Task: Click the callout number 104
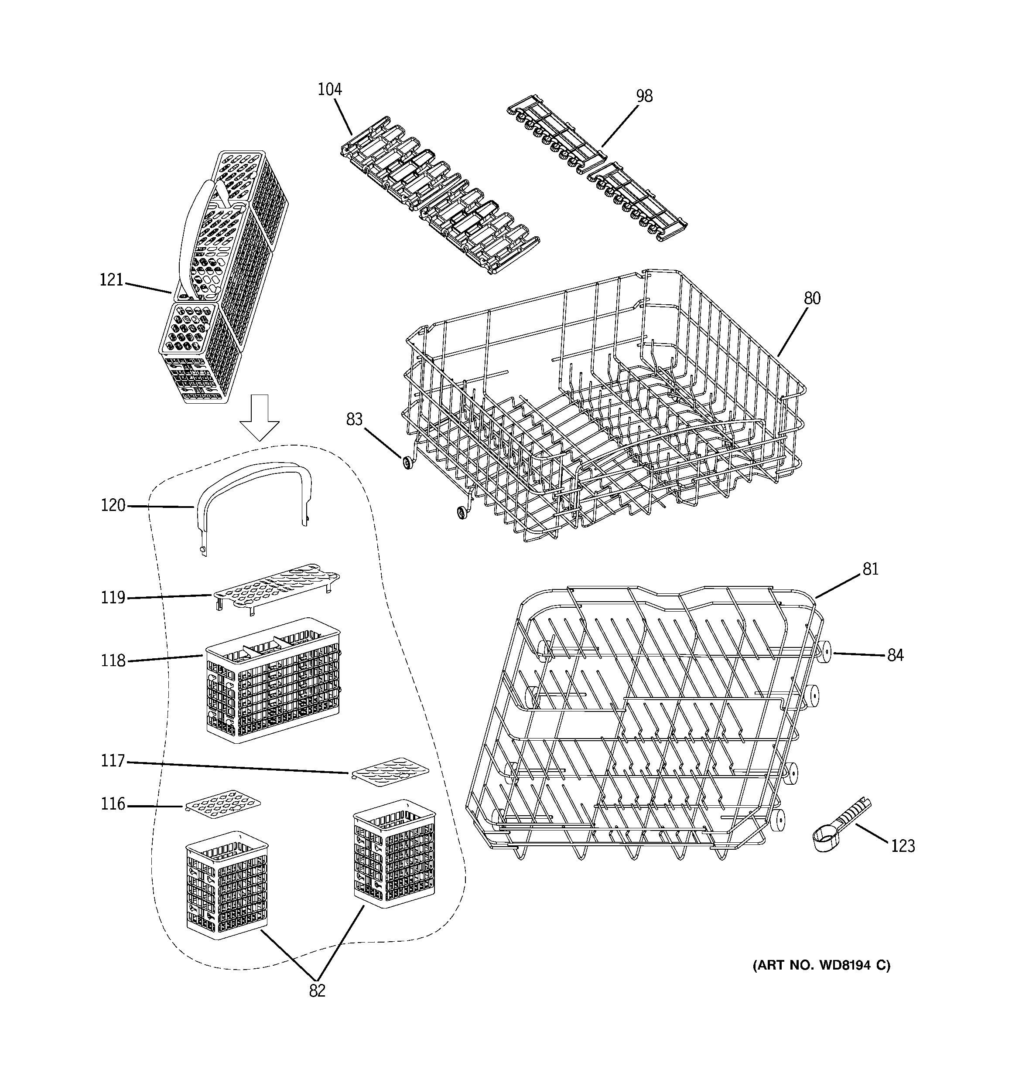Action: [x=330, y=89]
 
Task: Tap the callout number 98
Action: [x=644, y=96]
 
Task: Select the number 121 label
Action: [x=111, y=280]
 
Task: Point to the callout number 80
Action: [x=812, y=298]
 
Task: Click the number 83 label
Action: [x=354, y=419]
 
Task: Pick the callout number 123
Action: [x=903, y=846]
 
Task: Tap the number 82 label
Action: [x=317, y=991]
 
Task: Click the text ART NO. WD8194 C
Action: [x=821, y=965]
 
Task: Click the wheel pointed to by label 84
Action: [x=825, y=652]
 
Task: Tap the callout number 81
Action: [x=870, y=569]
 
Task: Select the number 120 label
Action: [x=113, y=505]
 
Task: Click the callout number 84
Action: [x=895, y=656]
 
